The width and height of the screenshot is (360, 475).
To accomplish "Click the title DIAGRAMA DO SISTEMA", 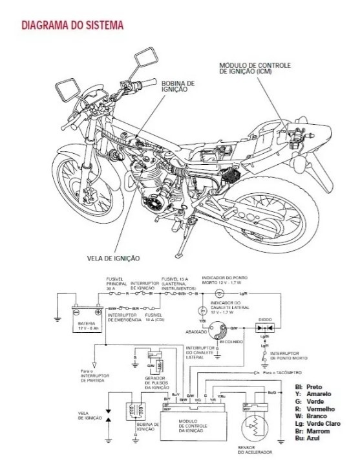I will point(72,26).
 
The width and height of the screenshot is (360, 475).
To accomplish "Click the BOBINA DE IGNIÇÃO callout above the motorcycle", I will point(173,87).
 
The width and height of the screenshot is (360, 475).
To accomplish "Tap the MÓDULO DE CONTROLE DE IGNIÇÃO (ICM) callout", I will point(254,69).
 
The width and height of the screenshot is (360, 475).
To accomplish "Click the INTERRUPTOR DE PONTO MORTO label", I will point(286,356).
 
